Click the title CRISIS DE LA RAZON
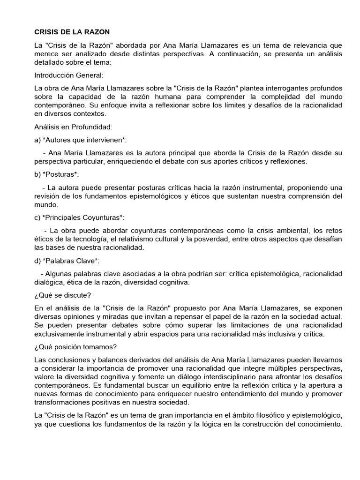click(x=72, y=32)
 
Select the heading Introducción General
click(x=69, y=75)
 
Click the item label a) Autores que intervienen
click(x=81, y=140)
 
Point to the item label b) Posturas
click(x=57, y=174)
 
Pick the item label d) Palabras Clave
click(x=67, y=261)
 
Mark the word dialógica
click(x=50, y=282)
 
